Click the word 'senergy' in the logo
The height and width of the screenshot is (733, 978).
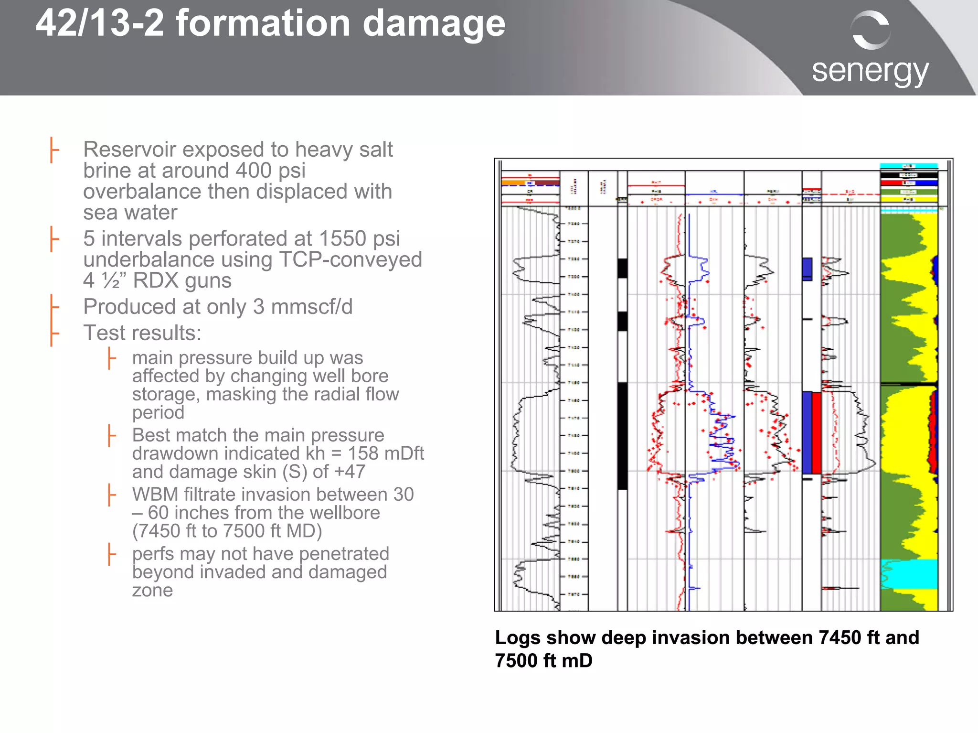click(x=870, y=72)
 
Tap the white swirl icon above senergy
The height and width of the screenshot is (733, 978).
click(x=871, y=30)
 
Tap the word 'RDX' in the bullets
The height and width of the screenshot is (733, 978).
click(x=157, y=280)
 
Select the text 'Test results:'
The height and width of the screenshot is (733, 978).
click(x=142, y=333)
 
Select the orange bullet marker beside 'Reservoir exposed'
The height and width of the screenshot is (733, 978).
click(x=54, y=150)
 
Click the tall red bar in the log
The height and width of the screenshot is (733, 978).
click(x=817, y=432)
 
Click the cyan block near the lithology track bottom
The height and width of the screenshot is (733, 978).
click(x=909, y=573)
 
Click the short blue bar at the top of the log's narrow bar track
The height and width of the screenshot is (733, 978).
click(x=807, y=268)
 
